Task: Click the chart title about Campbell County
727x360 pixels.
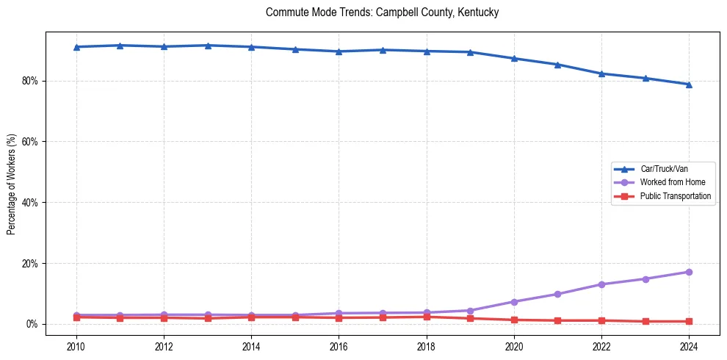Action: (x=383, y=12)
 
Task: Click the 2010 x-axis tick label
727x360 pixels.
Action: (x=76, y=346)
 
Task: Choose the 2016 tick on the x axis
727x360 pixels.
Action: (x=339, y=346)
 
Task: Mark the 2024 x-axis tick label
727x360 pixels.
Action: (x=689, y=346)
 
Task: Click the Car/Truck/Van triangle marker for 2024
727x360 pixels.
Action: (x=689, y=84)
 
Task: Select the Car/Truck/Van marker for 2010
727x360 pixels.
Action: (x=76, y=47)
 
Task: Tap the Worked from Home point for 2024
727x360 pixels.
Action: (x=689, y=272)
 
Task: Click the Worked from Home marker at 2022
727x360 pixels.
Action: (x=601, y=284)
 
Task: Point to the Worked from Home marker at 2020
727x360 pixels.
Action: (x=514, y=302)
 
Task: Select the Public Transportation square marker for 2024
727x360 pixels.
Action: (x=689, y=321)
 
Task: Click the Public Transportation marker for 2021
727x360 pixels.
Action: (x=557, y=320)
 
